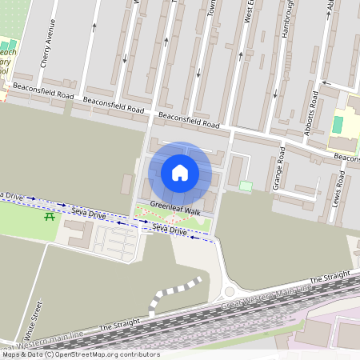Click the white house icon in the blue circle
(x=180, y=173)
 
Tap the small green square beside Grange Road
(x=246, y=186)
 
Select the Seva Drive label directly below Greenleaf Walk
(x=168, y=230)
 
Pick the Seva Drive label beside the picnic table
(x=88, y=214)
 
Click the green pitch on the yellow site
(x=338, y=126)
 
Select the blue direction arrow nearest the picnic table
(x=64, y=206)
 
